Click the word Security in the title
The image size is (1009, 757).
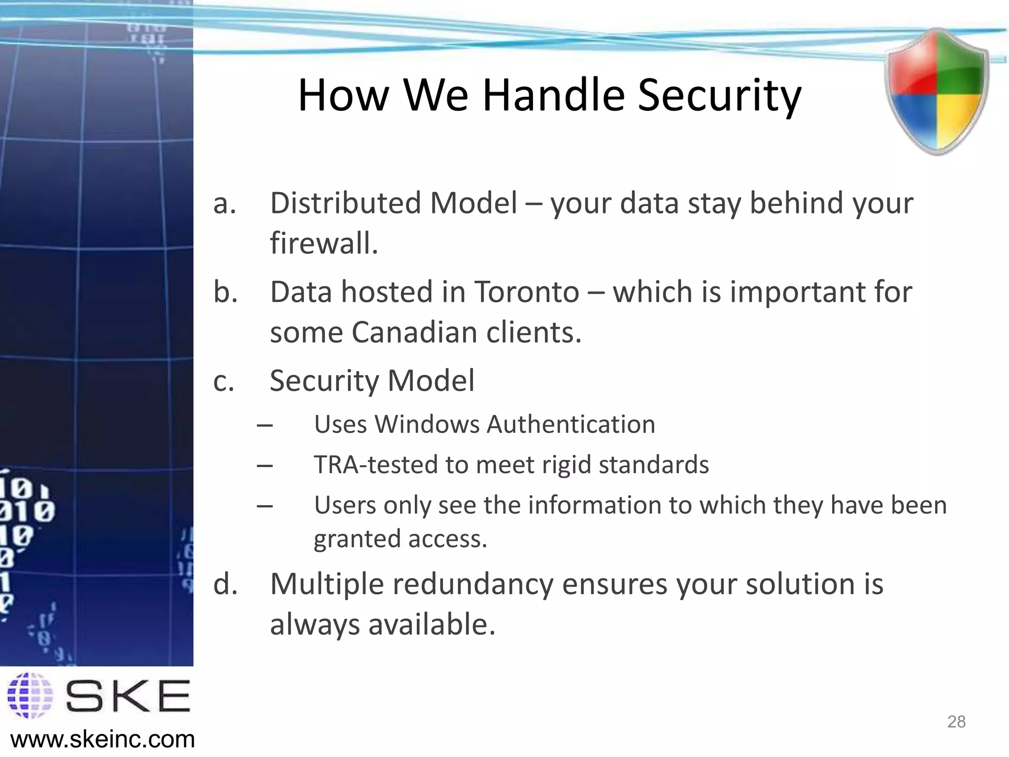(x=719, y=96)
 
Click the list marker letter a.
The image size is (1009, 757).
(x=225, y=203)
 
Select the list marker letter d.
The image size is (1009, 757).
(x=225, y=584)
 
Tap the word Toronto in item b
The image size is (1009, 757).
(x=526, y=292)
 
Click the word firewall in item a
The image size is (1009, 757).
(x=323, y=243)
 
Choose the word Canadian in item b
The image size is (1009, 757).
(x=415, y=332)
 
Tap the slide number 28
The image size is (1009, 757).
(x=956, y=722)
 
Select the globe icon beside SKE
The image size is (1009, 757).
(x=31, y=695)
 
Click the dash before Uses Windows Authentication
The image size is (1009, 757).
(x=265, y=425)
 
